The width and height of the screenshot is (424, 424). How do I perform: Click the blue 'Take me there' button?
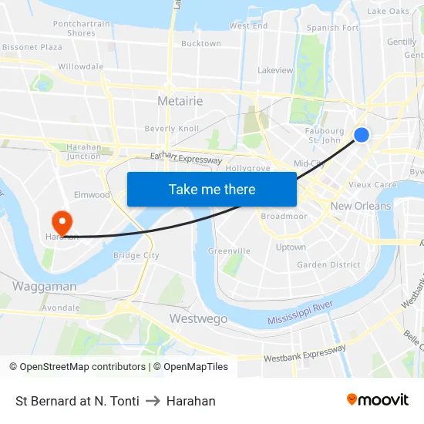[x=212, y=189]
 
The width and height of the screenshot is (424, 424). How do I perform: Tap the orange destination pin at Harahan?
[x=59, y=221]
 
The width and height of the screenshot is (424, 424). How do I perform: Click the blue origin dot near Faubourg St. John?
[x=361, y=135]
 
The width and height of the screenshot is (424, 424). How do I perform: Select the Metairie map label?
[x=180, y=101]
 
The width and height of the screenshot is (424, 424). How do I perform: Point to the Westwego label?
[x=198, y=318]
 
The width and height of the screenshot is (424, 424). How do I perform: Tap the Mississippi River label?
[x=300, y=314]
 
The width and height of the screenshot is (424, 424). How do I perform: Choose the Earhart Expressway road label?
[x=186, y=158]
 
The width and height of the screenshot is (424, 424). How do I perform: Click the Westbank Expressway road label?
[x=305, y=354]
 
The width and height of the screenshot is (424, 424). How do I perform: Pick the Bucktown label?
[x=200, y=44]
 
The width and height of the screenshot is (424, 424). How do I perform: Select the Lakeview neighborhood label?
[x=275, y=70]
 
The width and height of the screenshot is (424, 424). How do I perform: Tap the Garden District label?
[x=328, y=264]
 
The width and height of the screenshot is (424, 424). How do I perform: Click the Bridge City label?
[x=136, y=255]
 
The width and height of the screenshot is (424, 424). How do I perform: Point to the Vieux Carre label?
[x=372, y=185]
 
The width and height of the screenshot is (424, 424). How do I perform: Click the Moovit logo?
[x=378, y=400]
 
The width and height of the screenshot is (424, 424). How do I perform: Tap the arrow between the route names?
[x=153, y=401]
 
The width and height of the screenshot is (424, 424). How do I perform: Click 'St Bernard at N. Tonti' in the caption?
[x=77, y=401]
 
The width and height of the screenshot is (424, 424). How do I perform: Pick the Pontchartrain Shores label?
[x=82, y=29]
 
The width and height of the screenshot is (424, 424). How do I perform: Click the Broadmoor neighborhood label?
[x=284, y=216]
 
